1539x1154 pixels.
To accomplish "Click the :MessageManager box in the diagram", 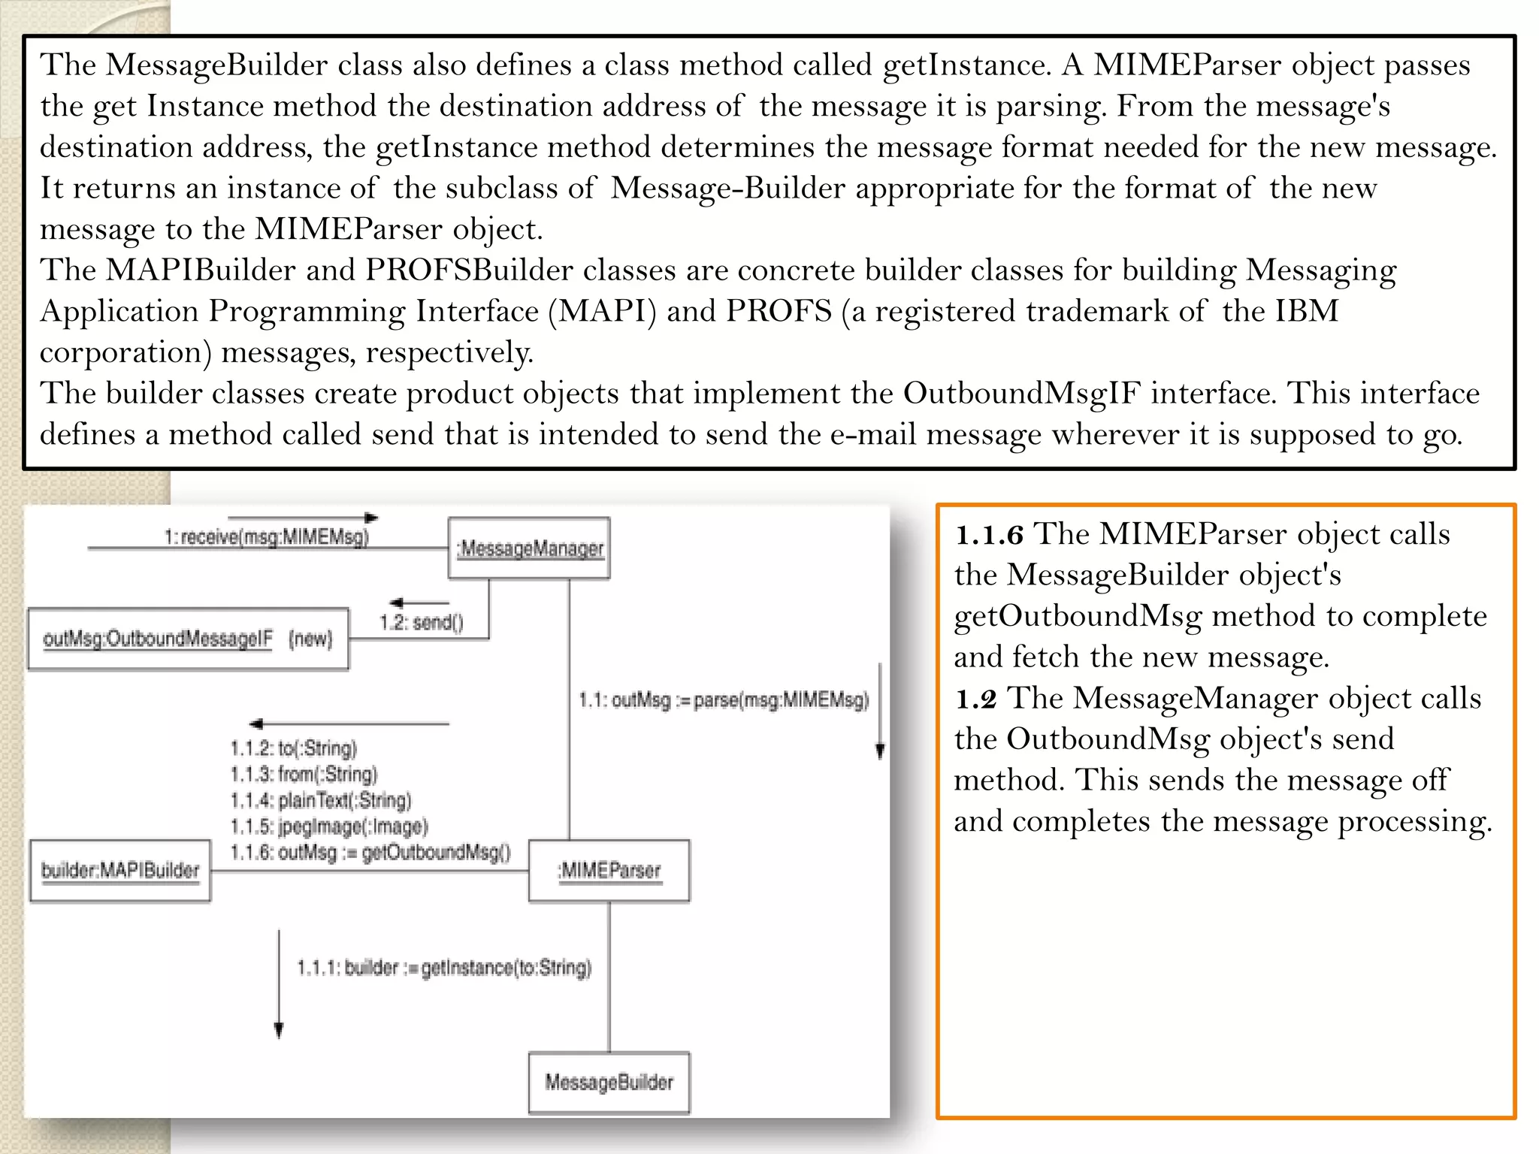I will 529,548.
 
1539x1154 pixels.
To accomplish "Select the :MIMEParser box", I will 609,870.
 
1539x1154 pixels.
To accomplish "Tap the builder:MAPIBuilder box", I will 120,870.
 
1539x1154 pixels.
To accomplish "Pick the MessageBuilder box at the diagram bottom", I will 609,1082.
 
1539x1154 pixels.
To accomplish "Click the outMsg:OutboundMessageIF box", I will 188,639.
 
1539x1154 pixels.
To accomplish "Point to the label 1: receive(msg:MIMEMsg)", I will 267,536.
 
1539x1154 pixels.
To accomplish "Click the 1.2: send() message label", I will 421,622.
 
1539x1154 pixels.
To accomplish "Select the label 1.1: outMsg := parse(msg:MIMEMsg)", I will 724,700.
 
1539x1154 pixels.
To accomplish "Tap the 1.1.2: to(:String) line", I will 294,748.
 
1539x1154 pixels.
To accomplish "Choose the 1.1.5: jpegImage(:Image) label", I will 329,826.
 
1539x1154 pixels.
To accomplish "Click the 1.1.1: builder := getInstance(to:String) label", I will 444,968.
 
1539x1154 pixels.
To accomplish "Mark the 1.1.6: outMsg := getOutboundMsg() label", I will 370,853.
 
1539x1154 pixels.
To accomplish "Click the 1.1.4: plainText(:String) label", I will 321,800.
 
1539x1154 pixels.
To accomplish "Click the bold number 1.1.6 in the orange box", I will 989,535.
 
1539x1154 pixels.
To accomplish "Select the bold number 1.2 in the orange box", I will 975,699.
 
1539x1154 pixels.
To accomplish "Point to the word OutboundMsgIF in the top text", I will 1022,394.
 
